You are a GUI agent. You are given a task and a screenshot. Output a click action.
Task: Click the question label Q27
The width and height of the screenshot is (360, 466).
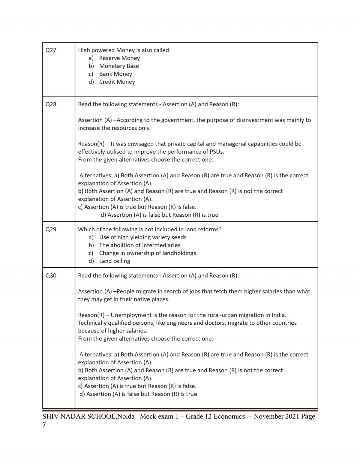click(51, 50)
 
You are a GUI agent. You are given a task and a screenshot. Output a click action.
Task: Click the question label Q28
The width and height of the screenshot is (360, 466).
click(51, 104)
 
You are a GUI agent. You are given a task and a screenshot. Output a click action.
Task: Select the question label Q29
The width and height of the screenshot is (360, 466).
click(51, 230)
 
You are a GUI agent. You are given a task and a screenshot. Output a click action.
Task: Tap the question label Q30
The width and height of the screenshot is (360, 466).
click(51, 275)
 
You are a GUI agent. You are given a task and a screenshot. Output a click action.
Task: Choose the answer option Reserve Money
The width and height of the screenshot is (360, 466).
click(119, 58)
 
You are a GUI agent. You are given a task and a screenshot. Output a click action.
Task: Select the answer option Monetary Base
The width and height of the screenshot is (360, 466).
click(119, 66)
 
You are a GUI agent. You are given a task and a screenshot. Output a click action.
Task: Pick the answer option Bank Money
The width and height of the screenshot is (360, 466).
click(115, 74)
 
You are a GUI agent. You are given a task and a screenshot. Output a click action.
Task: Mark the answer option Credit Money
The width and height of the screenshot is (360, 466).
click(117, 82)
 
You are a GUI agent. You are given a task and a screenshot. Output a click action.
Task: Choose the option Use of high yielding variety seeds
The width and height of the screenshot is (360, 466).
click(143, 237)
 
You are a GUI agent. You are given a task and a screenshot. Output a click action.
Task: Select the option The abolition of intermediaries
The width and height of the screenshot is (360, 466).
click(140, 245)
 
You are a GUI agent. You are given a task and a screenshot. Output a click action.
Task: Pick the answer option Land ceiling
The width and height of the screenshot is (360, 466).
click(115, 261)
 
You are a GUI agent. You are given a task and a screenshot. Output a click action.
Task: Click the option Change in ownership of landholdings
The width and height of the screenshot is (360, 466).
click(148, 253)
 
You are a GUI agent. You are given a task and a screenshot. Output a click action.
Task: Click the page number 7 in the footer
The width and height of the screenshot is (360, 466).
click(44, 425)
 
